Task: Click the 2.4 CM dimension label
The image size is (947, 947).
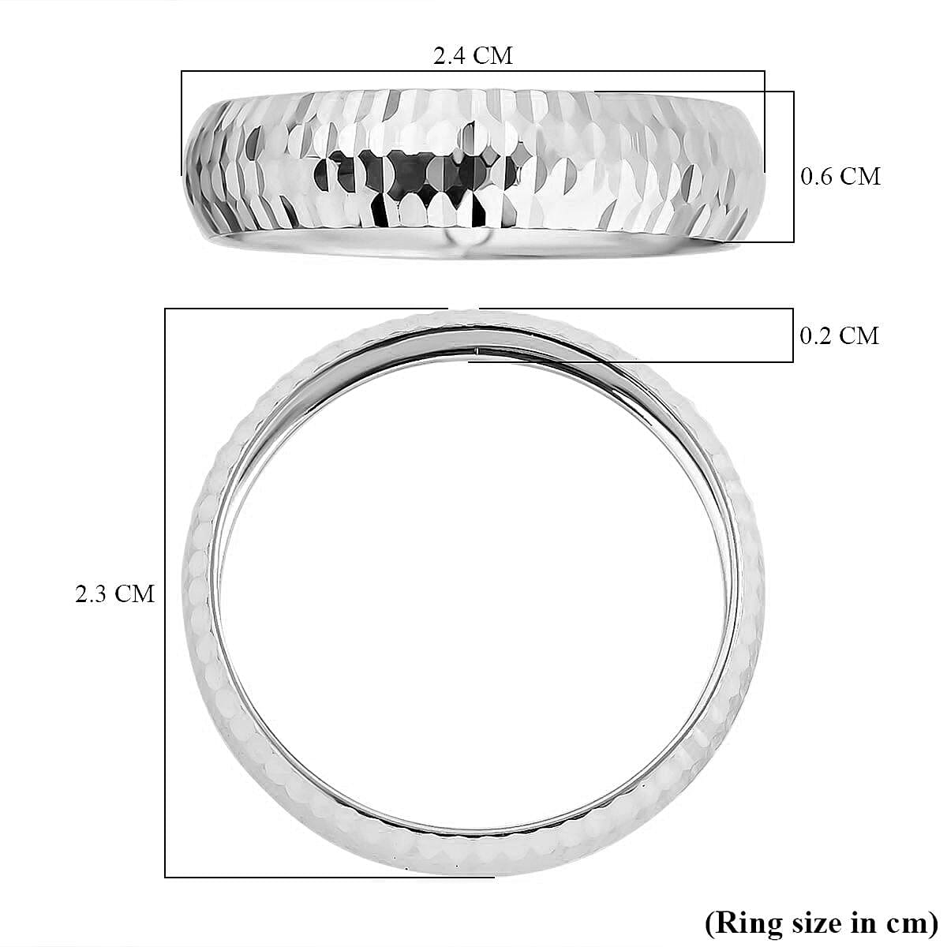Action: coord(473,56)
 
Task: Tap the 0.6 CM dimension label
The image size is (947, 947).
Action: coord(840,176)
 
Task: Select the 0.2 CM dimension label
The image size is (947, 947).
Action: coord(839,335)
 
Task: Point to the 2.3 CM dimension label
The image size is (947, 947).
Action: coord(115,593)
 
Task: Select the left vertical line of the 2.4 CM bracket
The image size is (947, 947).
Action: coord(182,122)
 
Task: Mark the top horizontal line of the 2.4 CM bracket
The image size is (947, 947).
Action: coord(473,72)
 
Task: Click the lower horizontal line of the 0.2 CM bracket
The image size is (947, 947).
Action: coord(631,362)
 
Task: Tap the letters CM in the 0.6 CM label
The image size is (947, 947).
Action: coord(859,176)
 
